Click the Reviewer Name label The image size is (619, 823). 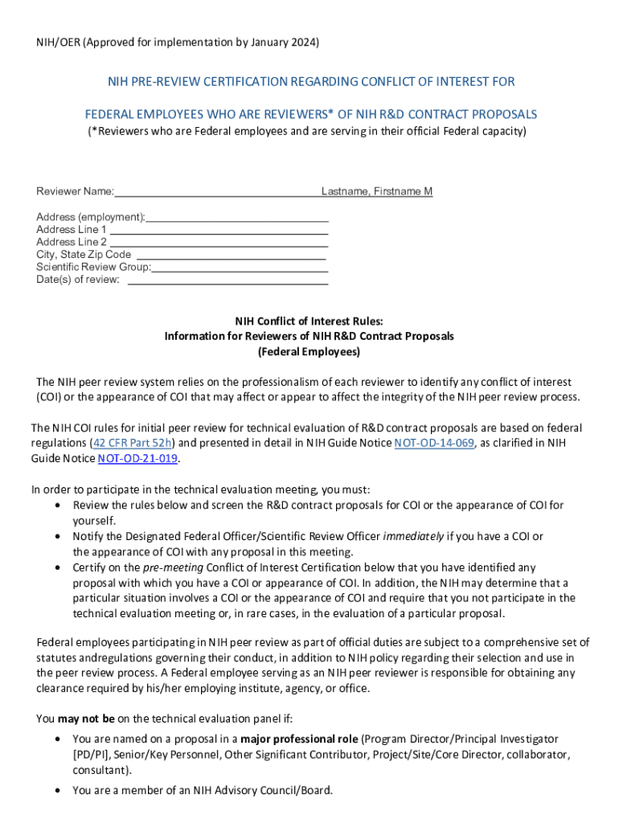coord(75,191)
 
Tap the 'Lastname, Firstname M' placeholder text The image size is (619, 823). coord(377,191)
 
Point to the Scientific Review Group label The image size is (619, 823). coord(93,267)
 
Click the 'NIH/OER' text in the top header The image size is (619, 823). coord(55,42)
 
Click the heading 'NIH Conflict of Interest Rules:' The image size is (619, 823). coord(309,321)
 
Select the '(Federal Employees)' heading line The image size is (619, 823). coord(309,352)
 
